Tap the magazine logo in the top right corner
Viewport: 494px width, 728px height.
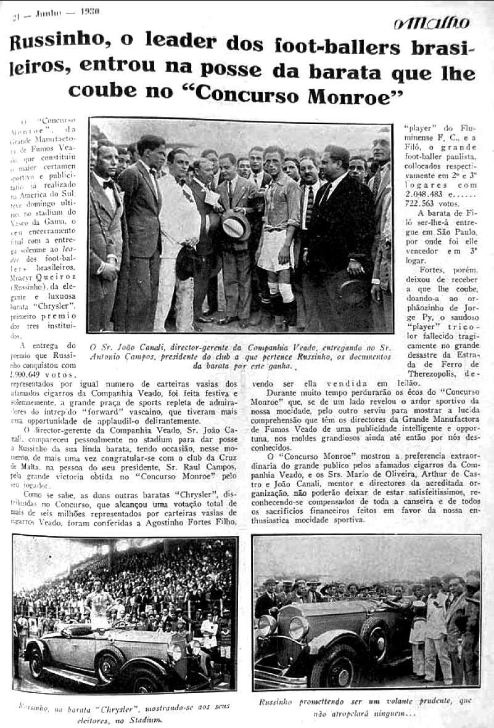[x=432, y=23]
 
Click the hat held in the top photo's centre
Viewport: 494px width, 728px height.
[x=236, y=225]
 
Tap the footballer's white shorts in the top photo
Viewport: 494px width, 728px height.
[x=275, y=250]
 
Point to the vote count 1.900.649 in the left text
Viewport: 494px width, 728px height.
[x=38, y=374]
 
